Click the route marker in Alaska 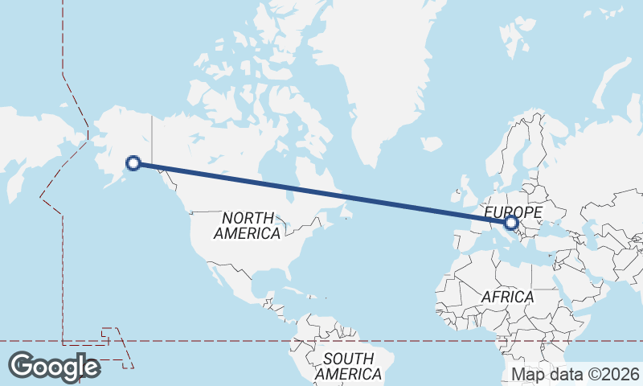[x=134, y=163]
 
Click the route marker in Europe [x=511, y=223]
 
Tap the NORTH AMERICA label [x=248, y=225]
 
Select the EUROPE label [x=514, y=211]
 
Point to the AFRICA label [x=507, y=297]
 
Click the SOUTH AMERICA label [x=348, y=367]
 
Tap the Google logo [x=55, y=366]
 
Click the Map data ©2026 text [x=575, y=374]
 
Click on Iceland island [x=432, y=144]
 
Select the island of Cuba [x=294, y=291]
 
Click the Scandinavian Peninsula [x=527, y=153]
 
